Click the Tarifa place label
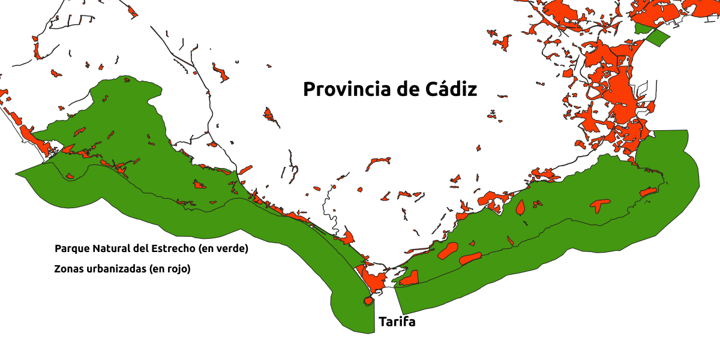point(397,322)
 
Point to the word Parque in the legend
point(70,248)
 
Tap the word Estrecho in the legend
point(170,248)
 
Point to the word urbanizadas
point(112,269)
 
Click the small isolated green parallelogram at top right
point(658,38)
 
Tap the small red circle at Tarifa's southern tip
point(367,301)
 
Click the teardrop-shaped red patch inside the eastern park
point(520,208)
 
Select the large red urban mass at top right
point(612,84)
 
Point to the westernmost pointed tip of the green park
point(16,175)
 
